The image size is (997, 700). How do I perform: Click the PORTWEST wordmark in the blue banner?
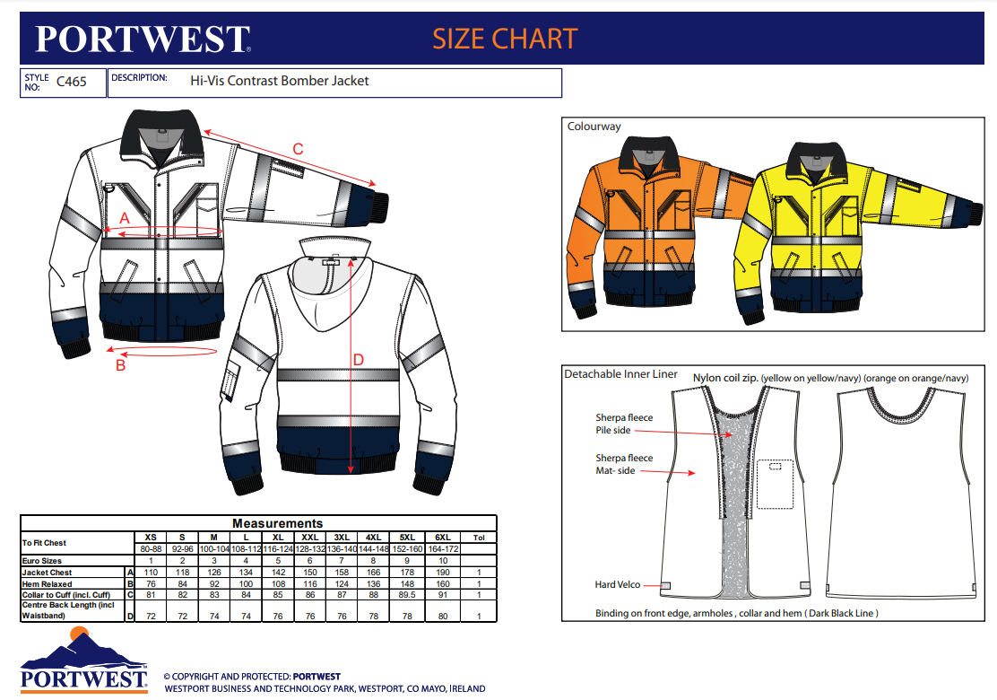pos(143,39)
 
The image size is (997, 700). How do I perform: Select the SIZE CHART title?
pos(505,39)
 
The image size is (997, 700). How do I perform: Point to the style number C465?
pos(72,82)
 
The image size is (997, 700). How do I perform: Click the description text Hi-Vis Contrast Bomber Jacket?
pos(280,81)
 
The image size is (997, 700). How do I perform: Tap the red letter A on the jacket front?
pos(125,217)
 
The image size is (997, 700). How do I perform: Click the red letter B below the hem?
pos(120,365)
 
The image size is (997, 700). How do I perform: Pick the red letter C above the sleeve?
pos(299,148)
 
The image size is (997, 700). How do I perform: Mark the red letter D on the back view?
pos(359,360)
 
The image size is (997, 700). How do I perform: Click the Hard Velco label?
pos(618,585)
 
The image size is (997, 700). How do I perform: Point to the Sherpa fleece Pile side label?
pos(624,424)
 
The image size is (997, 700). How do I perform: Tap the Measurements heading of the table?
pos(277,523)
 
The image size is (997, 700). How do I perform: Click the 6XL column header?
pos(443,537)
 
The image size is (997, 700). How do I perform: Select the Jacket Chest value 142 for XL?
pos(278,572)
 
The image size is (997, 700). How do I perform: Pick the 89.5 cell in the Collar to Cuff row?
pos(404,594)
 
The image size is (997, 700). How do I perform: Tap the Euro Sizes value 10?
pos(443,560)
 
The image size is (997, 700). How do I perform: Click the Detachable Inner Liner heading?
pos(620,374)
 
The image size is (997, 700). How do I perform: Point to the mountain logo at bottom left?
pos(83,648)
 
